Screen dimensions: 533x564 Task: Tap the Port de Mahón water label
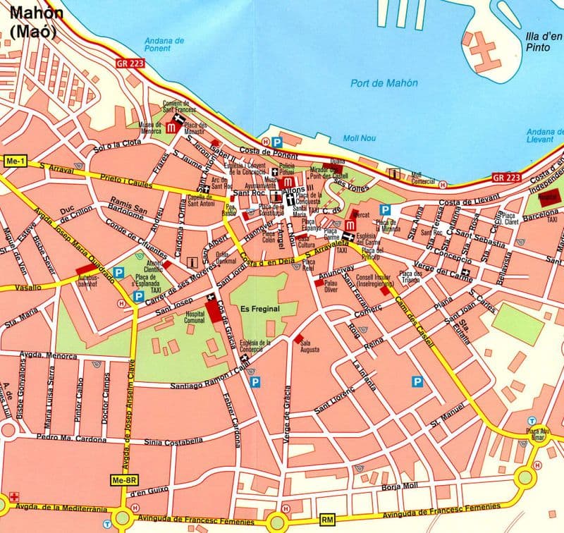[x=384, y=83]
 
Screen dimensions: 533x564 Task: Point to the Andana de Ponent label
[x=164, y=45]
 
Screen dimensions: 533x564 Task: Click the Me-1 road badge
[x=14, y=161]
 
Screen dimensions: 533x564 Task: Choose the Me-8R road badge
[x=123, y=481]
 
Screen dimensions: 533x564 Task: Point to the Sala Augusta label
[x=309, y=346]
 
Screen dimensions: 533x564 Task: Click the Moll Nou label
[x=356, y=138]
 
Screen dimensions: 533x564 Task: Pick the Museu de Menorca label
[x=150, y=128]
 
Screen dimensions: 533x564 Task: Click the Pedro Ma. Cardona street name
[x=71, y=439]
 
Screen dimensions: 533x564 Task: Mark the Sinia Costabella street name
[x=167, y=442]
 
